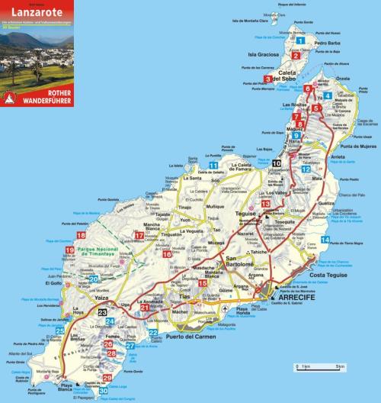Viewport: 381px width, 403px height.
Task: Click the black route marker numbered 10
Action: pos(277,164)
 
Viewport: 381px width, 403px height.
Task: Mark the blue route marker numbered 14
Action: pos(325,240)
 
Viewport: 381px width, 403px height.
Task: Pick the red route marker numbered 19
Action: pos(69,250)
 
